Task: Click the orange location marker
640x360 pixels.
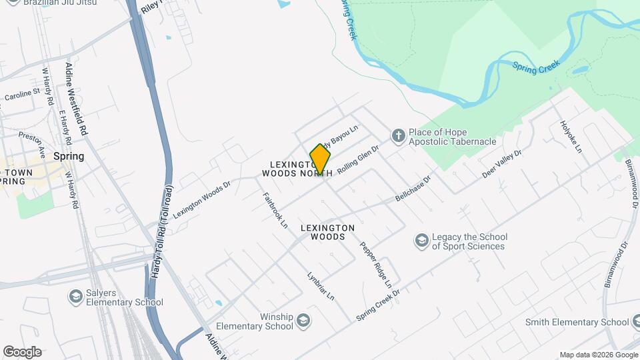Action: pos(320,159)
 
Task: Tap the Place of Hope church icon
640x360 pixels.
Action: pos(398,136)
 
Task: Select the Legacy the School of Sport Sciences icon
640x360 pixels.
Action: pos(421,240)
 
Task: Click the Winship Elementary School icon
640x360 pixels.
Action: pos(304,321)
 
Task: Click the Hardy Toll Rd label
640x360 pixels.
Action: pos(162,232)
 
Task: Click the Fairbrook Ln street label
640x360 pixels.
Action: pos(274,211)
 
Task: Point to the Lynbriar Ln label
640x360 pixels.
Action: pos(321,285)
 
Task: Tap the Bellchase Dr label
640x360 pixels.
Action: pos(413,189)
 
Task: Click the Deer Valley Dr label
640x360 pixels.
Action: pos(502,164)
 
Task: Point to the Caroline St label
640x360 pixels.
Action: pos(23,95)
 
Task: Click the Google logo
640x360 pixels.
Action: pos(22,351)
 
